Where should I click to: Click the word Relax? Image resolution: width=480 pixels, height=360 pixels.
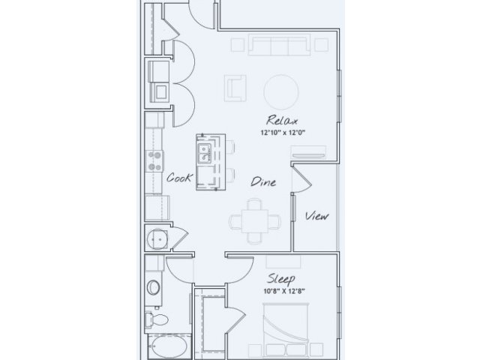coord(282,120)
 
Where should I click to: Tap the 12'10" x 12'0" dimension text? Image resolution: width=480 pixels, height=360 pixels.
coord(283,133)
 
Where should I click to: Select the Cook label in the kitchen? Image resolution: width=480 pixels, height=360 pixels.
coord(180,178)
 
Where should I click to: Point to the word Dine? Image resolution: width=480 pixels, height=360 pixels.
coord(263,181)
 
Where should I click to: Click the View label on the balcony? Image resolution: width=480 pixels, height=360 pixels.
coord(317,216)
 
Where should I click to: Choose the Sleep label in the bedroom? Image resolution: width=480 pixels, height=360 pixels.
coord(281,278)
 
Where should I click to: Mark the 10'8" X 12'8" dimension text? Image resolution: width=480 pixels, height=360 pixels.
coord(284,291)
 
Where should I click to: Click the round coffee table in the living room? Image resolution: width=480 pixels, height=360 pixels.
coord(281,91)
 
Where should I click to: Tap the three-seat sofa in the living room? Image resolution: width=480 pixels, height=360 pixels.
coord(280,45)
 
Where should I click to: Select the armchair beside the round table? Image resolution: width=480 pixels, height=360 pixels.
coord(235,88)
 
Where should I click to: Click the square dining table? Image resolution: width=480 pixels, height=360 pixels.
coord(255,221)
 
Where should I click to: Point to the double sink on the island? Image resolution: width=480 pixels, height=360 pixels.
coord(204,153)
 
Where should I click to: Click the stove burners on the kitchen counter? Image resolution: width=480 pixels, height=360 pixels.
coord(155,161)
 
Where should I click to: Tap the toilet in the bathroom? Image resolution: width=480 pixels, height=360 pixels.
coord(156,319)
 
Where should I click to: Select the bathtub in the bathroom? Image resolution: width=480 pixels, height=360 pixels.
coord(167,346)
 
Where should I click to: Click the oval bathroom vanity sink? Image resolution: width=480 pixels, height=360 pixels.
coord(153,287)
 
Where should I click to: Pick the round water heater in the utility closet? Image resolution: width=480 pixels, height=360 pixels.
coord(157,239)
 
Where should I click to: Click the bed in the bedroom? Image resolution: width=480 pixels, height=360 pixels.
coord(286,331)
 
